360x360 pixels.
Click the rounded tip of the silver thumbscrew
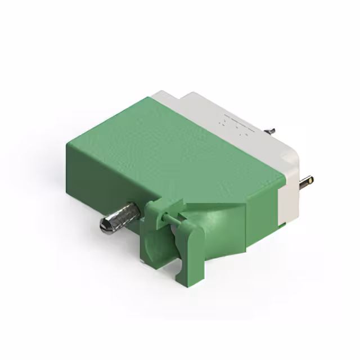point(105,226)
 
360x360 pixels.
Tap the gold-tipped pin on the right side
point(307,181)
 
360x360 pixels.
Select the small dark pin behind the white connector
point(271,130)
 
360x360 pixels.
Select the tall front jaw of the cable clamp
point(188,253)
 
